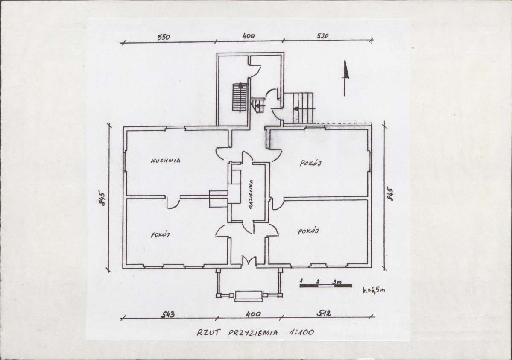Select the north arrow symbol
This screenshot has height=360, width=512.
point(345,78)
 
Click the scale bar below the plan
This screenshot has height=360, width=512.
point(325,286)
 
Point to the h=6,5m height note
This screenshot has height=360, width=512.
point(374,290)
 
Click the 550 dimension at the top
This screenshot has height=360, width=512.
point(164,37)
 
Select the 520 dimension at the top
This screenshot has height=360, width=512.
point(322,35)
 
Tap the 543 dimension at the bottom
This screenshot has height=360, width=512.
point(168,314)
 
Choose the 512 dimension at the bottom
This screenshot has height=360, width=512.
point(324,313)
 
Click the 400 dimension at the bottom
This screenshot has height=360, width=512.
point(253,314)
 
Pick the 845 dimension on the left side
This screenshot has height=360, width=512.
point(102,198)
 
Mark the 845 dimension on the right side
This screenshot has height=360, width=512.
point(390,194)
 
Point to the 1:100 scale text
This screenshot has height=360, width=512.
point(301,332)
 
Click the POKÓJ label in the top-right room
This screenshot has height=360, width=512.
point(310,163)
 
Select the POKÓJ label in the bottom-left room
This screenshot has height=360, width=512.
point(161,234)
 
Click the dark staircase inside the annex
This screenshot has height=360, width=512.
point(240,97)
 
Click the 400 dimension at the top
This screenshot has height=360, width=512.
point(249,36)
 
